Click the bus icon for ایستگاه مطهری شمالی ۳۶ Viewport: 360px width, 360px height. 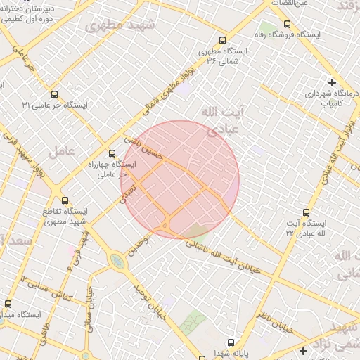tap(223, 40)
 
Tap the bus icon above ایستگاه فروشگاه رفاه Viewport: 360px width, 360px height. tap(286, 23)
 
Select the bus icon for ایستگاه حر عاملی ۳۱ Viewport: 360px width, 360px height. tap(54, 94)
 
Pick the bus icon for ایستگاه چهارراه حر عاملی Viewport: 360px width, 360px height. tap(111, 153)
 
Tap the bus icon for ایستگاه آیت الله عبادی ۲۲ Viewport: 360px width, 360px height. tap(305, 212)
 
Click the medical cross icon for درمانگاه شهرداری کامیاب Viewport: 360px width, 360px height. tap(332, 82)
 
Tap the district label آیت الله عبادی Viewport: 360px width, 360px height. tap(221, 120)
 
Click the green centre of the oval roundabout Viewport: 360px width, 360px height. tap(117, 262)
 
